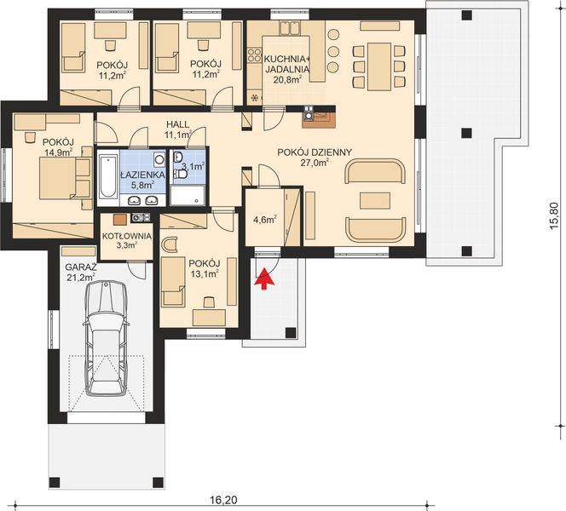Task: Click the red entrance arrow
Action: (264, 278)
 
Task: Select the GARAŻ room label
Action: (80, 266)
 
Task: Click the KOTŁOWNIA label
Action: (127, 235)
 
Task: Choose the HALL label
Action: (176, 124)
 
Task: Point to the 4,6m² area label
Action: (265, 219)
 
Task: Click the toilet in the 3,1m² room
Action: (181, 174)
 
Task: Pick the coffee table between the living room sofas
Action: (374, 202)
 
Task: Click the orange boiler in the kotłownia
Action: (119, 218)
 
